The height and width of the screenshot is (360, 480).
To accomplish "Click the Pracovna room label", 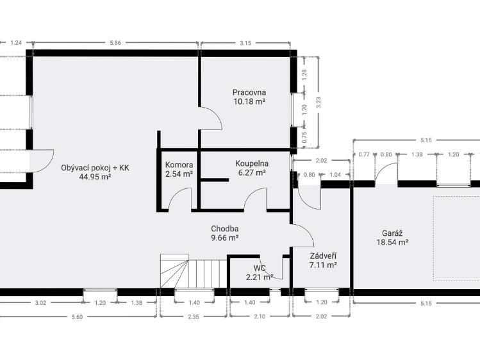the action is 249,92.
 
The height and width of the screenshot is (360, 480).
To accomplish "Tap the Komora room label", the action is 179,165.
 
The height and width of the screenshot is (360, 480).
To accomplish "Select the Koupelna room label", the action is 252,163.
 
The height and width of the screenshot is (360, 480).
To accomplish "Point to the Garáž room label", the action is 392,233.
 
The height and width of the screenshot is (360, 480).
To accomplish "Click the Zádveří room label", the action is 323,256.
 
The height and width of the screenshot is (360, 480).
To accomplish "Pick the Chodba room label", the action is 225,229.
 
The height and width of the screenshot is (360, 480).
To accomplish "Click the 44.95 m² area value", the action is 95,177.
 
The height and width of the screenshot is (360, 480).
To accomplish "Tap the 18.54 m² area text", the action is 392,242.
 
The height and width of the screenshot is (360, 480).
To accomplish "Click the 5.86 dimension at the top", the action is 115,43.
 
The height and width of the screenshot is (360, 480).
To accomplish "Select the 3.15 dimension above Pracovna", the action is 245,43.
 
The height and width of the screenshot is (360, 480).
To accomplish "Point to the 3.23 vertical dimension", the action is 319,102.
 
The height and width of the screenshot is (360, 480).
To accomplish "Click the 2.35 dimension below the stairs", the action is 193,316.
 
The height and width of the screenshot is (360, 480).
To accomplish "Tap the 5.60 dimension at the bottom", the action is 77,317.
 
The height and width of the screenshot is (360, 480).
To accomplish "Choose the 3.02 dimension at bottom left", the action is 40,303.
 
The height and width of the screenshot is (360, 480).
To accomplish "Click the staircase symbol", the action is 194,271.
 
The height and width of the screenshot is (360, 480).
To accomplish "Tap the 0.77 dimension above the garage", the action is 364,154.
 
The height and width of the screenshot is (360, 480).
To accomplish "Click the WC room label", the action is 260,268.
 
